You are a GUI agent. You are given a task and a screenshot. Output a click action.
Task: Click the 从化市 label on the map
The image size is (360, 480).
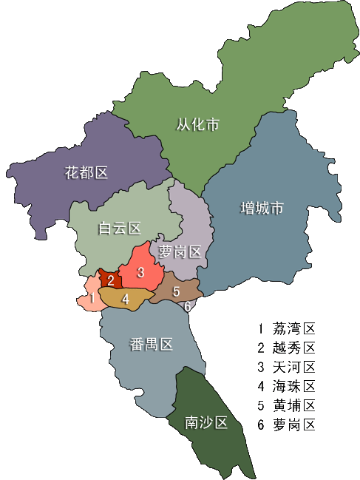(x=197, y=124)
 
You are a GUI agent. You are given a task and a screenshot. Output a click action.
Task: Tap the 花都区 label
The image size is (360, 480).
(x=86, y=173)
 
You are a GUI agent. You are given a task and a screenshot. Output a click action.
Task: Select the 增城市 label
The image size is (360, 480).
(x=262, y=209)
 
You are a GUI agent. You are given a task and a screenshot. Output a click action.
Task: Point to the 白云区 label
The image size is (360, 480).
(x=120, y=229)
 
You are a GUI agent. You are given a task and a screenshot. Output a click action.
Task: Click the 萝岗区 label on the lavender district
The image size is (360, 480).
(x=180, y=252)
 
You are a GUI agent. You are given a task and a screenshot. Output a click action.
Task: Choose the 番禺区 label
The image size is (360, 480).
(x=151, y=344)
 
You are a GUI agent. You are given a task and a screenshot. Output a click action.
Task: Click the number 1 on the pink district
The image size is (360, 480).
(x=91, y=299)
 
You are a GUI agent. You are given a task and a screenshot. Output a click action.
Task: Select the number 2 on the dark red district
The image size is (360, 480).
(x=111, y=280)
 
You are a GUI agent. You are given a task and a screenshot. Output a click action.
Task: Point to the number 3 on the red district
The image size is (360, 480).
(x=140, y=271)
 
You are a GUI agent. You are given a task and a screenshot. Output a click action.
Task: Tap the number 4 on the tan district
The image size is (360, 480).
(x=126, y=299)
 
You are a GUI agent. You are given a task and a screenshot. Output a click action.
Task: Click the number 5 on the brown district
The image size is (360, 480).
(x=176, y=291)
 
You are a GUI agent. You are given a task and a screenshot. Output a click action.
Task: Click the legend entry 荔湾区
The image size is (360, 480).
(x=293, y=328)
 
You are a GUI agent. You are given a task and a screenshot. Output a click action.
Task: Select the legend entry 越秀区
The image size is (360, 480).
(x=293, y=348)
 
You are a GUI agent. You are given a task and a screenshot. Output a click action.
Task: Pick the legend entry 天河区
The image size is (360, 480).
(x=293, y=367)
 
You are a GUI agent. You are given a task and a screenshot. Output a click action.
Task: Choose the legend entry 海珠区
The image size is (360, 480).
(x=293, y=386)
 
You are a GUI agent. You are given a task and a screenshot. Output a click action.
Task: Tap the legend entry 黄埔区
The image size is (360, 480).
(x=293, y=405)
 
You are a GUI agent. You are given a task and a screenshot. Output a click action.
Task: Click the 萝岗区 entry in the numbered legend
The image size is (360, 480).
(x=293, y=425)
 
